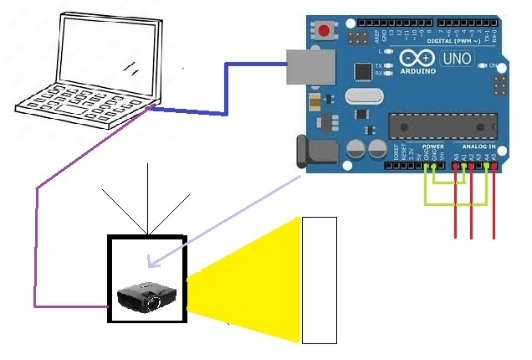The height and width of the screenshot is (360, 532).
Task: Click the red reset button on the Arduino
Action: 324,32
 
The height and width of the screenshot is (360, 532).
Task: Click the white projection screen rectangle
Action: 319,280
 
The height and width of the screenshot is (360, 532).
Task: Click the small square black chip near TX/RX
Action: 363,70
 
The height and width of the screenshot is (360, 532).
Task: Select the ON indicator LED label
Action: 493,65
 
